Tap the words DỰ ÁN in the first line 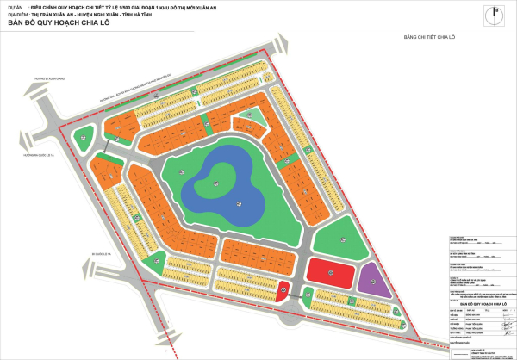(15, 6)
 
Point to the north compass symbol (493, 16)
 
